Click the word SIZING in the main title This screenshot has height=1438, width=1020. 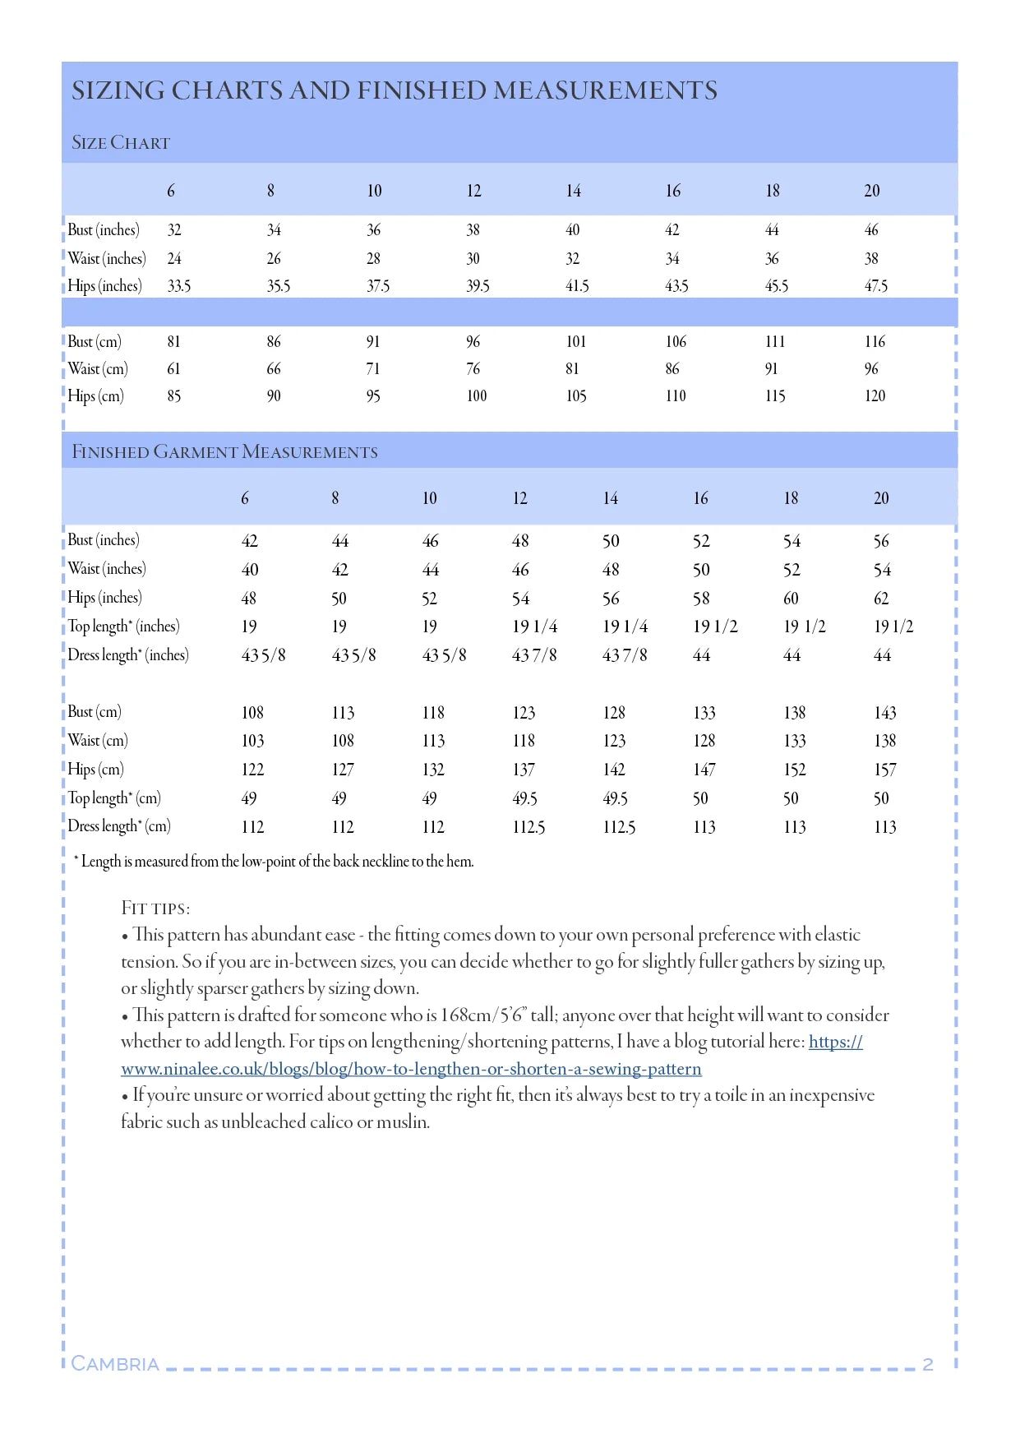pyautogui.click(x=118, y=90)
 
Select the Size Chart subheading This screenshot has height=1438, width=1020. pyautogui.click(x=121, y=143)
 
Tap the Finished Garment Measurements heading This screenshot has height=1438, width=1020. pyautogui.click(x=224, y=452)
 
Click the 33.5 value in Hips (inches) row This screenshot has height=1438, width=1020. pyautogui.click(x=179, y=286)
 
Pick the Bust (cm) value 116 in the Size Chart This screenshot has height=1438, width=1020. pyautogui.click(x=875, y=341)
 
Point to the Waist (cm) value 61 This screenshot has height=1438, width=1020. pyautogui.click(x=173, y=368)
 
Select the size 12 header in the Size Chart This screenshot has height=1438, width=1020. pyautogui.click(x=473, y=191)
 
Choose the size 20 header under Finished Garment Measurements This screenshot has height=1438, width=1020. pyautogui.click(x=881, y=498)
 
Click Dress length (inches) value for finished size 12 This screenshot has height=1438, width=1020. pyautogui.click(x=534, y=655)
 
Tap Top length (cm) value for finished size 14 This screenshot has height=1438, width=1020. pyautogui.click(x=615, y=798)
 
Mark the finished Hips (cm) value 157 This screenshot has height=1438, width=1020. pyautogui.click(x=884, y=770)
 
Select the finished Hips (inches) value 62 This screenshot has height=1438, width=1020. pyautogui.click(x=881, y=599)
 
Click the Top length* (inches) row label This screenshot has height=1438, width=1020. pyautogui.click(x=123, y=627)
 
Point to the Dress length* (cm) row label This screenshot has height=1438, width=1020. pyautogui.click(x=119, y=826)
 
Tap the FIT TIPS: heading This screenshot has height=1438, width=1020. pyautogui.click(x=155, y=909)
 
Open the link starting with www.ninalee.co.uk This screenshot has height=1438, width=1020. pyautogui.click(x=411, y=1069)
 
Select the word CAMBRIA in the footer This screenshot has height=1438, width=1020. pyautogui.click(x=115, y=1364)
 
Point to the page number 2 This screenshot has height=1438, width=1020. pyautogui.click(x=927, y=1365)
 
